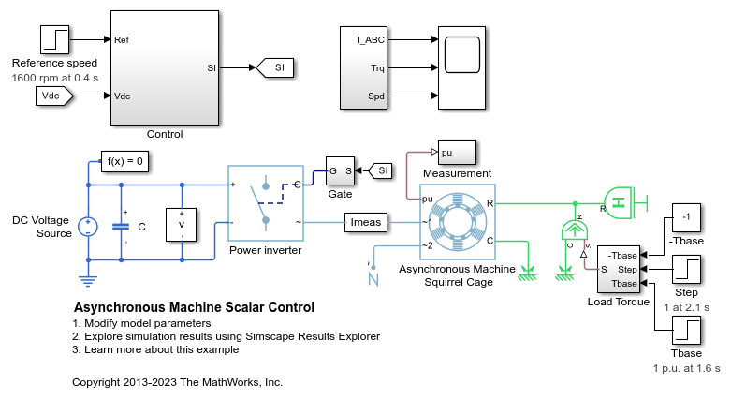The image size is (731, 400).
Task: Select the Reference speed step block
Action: point(54,39)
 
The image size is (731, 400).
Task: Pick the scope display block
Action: point(461,54)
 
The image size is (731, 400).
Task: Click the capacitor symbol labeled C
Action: point(121,226)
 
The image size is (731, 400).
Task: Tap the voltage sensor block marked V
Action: point(182,225)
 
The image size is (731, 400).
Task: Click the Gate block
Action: point(340,170)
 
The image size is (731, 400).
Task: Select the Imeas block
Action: point(364,222)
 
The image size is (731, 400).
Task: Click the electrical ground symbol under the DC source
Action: point(88,277)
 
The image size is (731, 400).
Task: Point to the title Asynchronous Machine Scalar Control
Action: point(194,307)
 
